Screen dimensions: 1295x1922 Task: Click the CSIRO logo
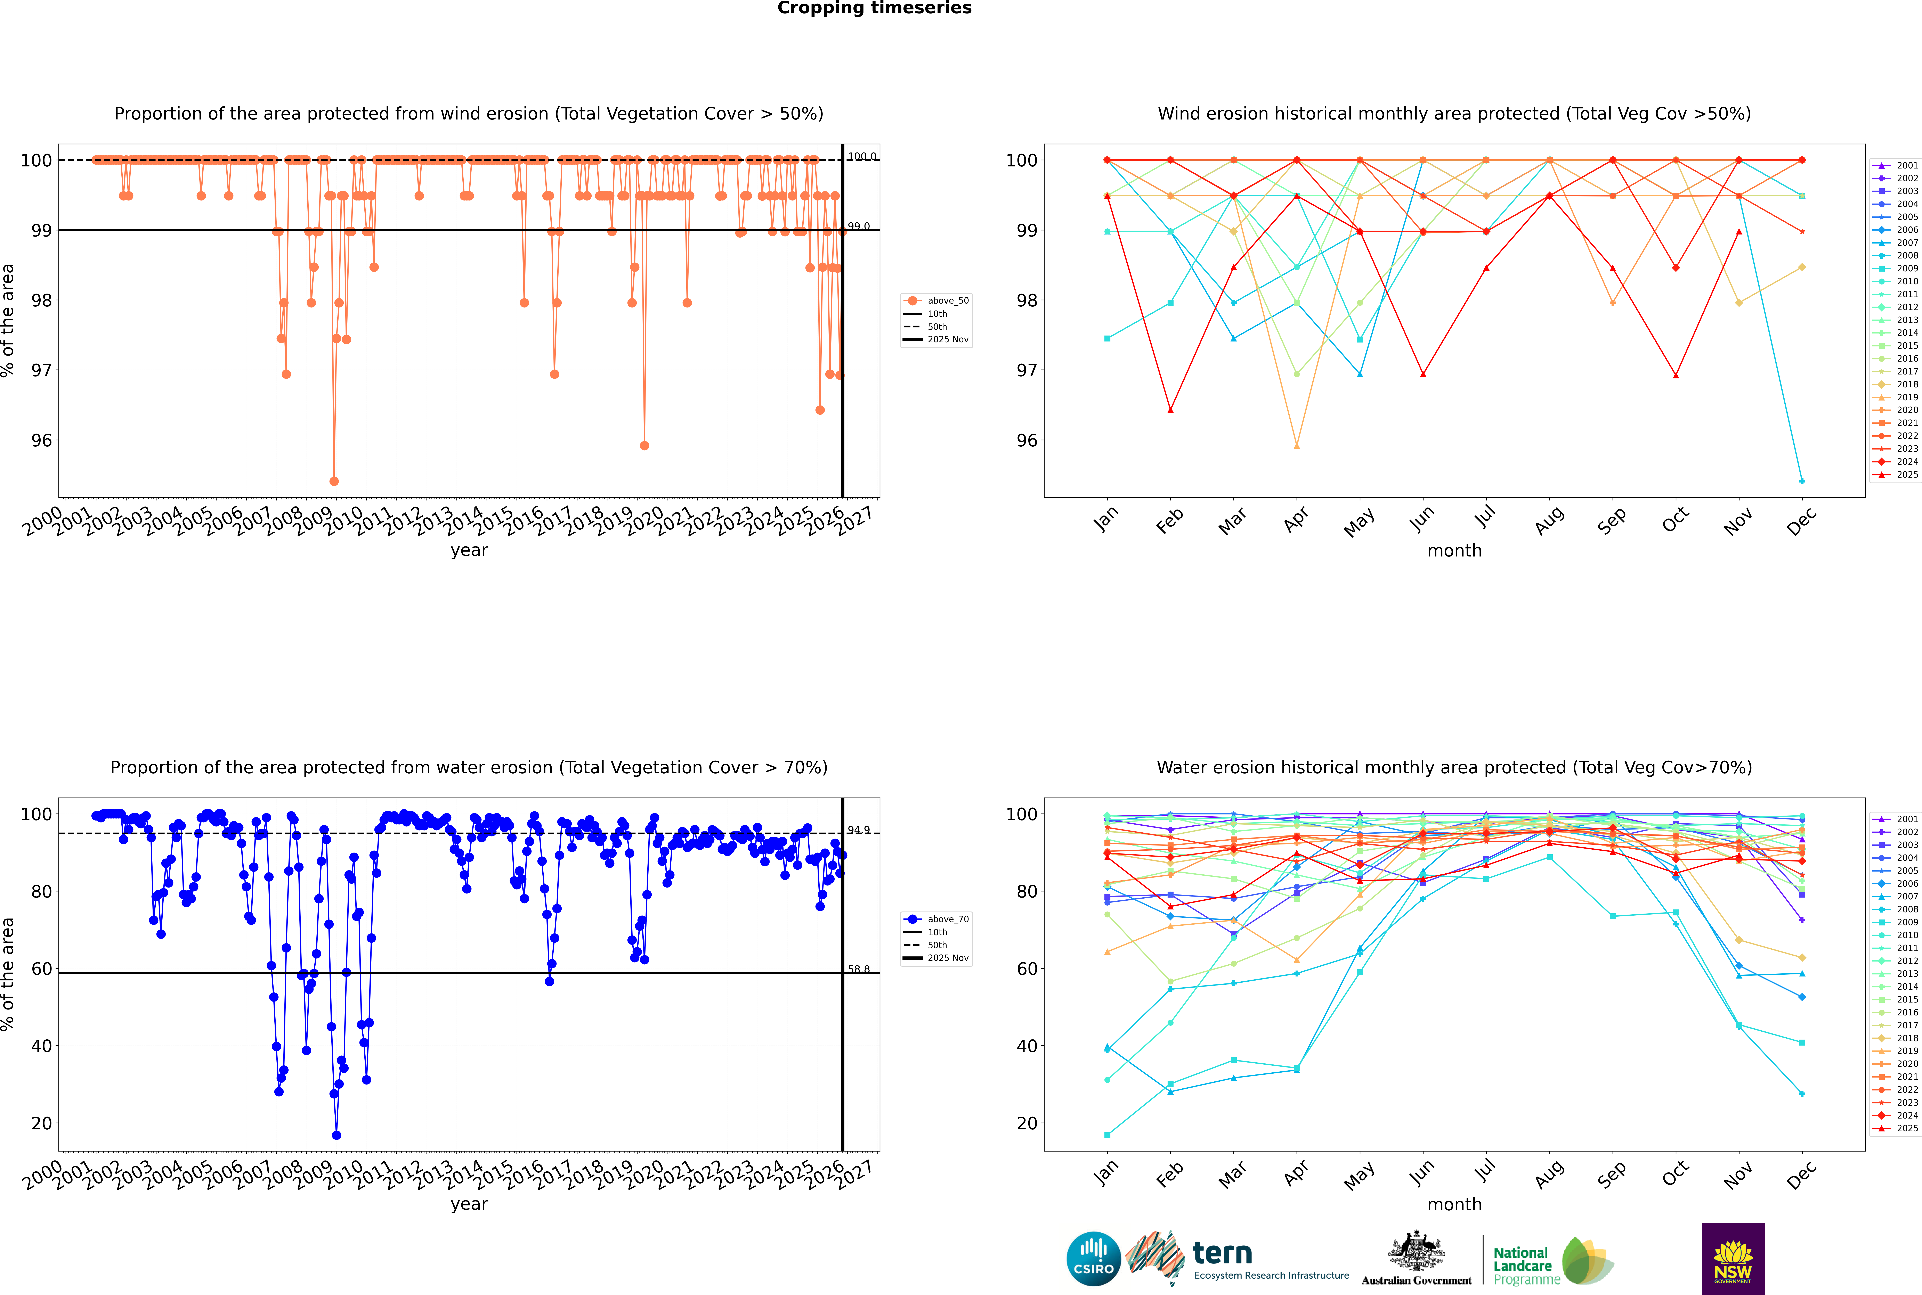coord(1093,1259)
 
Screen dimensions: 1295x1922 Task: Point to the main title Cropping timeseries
coord(874,8)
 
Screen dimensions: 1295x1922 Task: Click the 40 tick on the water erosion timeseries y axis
coord(41,1046)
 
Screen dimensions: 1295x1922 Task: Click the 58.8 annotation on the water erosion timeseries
coord(859,970)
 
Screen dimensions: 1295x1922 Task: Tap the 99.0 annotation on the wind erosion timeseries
coord(859,226)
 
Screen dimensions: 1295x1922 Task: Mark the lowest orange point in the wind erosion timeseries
coord(334,481)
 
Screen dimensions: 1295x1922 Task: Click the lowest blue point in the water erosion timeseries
coord(336,1136)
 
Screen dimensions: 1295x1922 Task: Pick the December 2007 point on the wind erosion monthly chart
coord(1802,481)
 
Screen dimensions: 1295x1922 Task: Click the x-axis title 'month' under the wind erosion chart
coord(1454,551)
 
